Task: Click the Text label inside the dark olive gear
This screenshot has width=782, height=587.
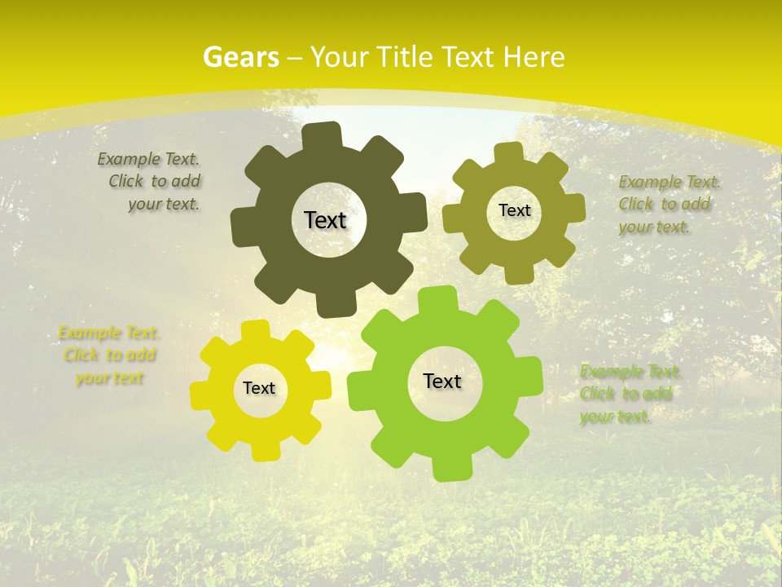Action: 325,220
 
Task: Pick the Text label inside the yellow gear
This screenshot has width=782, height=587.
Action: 259,389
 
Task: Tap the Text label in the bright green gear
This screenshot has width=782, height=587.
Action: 442,382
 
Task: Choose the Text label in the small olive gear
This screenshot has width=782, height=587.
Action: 514,210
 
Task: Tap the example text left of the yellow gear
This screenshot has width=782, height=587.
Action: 108,355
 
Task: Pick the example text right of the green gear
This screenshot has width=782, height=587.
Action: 629,394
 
